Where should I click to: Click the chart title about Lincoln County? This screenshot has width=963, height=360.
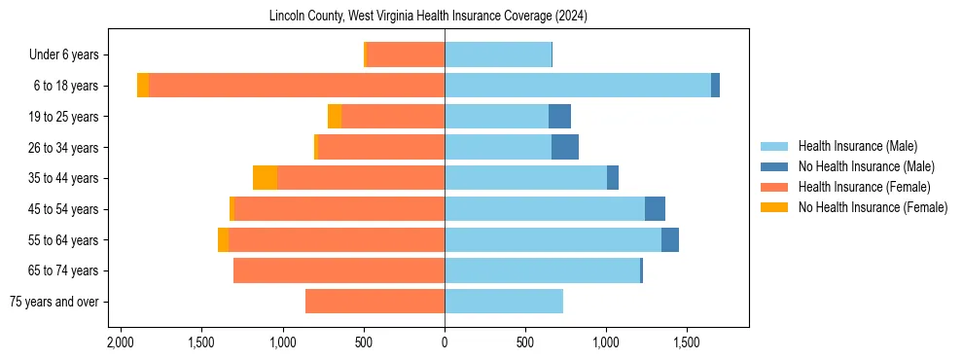[428, 17]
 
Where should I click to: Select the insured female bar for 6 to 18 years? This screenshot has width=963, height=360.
[297, 86]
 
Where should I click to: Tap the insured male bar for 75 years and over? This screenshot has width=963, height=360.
[504, 302]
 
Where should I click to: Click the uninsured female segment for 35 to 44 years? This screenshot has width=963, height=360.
[265, 178]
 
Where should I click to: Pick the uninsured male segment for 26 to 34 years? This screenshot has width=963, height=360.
[565, 147]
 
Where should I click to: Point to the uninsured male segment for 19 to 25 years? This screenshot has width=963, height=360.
[559, 117]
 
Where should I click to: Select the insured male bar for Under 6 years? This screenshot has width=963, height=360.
[498, 54]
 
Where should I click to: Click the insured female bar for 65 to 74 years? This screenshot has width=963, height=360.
[339, 270]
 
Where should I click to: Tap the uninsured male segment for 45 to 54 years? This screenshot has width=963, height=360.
[655, 209]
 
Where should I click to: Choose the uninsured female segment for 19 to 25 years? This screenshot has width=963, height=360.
[335, 117]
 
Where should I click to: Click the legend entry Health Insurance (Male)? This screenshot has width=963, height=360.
[857, 146]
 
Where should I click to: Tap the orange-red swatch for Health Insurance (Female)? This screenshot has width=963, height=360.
[775, 187]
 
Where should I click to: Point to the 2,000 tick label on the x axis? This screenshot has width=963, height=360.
[121, 343]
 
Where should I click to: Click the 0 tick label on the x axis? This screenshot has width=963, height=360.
[445, 343]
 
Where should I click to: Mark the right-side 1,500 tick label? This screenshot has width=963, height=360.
[687, 343]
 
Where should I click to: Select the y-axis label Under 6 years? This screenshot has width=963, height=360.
[70, 55]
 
